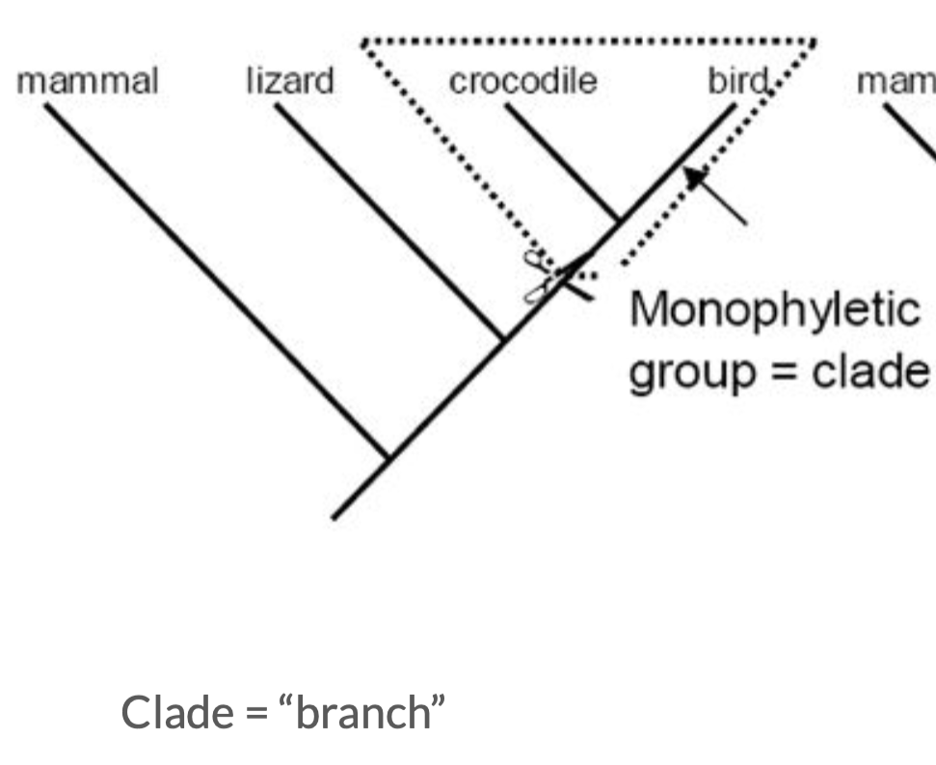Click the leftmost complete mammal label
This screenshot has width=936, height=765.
click(x=87, y=82)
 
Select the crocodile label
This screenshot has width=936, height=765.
click(x=523, y=82)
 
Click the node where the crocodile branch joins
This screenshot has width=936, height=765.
click(x=619, y=220)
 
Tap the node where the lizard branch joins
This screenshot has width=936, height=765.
click(x=503, y=338)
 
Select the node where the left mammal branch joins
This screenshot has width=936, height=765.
click(x=388, y=458)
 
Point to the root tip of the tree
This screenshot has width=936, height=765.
click(x=334, y=517)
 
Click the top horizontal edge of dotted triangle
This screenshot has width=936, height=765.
click(x=588, y=41)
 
